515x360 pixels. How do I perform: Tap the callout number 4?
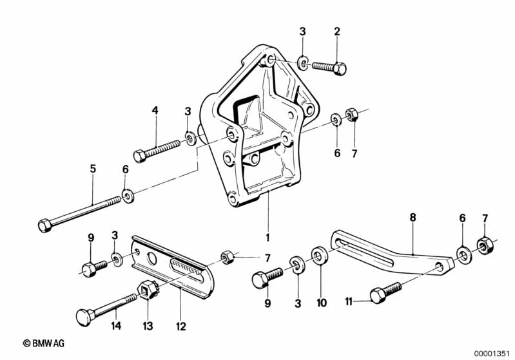pos(155,110)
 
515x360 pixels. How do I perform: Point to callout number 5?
pos(93,169)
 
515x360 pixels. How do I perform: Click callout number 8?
pos(413,218)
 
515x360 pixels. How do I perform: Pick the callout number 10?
pos(322,302)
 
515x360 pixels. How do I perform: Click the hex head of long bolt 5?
pos(44,225)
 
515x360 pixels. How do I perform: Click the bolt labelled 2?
pos(329,66)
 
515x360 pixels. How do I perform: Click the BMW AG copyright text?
pos(43,343)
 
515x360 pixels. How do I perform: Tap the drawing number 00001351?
pos(492,352)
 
